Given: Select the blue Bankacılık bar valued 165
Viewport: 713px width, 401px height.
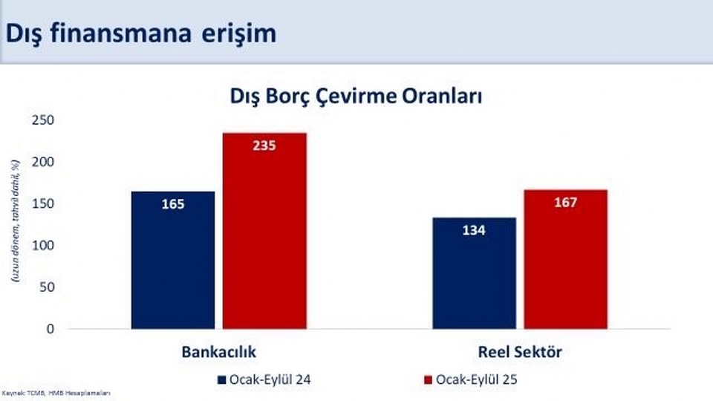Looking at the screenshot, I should click(x=173, y=260).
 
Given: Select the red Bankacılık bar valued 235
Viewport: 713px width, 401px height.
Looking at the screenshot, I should click(x=265, y=230).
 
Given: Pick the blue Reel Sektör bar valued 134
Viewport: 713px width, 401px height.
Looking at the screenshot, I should click(x=474, y=273).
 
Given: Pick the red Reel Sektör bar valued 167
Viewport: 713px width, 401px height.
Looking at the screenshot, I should click(x=566, y=259).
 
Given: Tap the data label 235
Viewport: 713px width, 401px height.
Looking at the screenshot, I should click(x=264, y=146).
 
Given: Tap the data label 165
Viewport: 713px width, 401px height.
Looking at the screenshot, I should click(x=173, y=203).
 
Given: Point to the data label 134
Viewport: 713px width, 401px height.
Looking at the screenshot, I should click(x=474, y=230).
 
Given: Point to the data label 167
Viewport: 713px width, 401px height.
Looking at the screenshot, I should click(x=566, y=203).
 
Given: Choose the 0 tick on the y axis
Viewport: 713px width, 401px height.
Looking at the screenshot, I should click(x=51, y=328).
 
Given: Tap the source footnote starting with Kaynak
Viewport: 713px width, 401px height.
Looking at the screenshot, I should click(x=56, y=392).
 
